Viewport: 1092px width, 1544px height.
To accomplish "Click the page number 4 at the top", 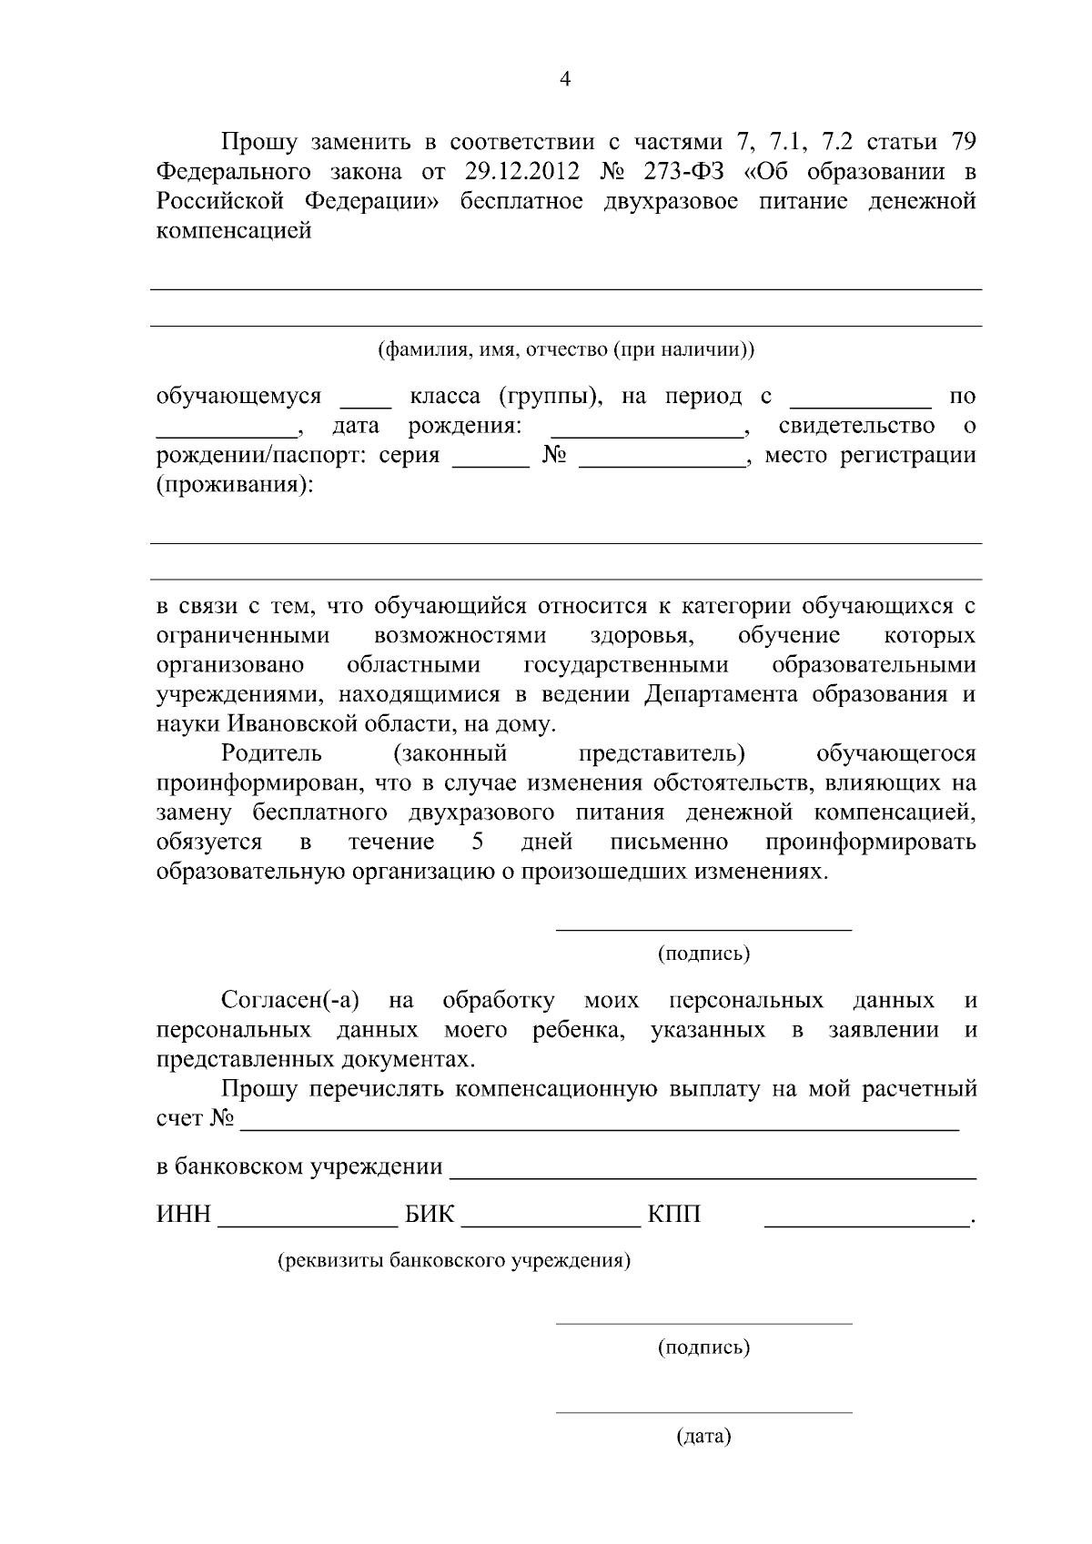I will [x=564, y=79].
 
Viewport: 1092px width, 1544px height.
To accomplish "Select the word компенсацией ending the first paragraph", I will [x=234, y=230].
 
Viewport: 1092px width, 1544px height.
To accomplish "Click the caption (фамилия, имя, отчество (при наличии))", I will [x=565, y=349].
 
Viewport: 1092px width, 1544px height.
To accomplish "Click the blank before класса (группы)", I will [x=365, y=401].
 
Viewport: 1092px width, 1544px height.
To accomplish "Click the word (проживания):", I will [x=234, y=485].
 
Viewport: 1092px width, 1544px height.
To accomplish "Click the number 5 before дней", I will [x=479, y=842].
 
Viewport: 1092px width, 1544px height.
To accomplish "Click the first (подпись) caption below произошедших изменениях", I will [x=703, y=954].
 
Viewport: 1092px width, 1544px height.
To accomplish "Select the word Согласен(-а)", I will [x=290, y=1001].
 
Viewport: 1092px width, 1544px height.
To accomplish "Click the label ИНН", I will [x=184, y=1216].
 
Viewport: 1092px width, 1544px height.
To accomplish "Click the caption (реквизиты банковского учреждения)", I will [x=453, y=1261].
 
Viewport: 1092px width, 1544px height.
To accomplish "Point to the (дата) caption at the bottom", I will [x=703, y=1438].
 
